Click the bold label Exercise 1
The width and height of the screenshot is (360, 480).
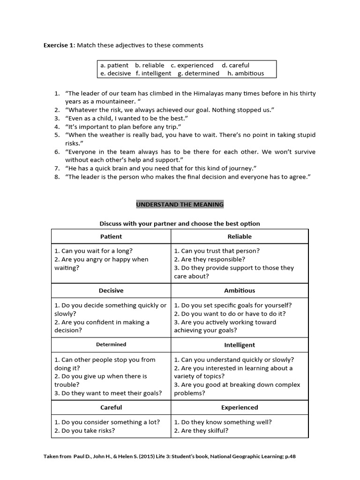[59, 45]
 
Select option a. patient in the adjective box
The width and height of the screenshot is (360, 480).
[114, 65]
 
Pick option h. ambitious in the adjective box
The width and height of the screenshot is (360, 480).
[246, 73]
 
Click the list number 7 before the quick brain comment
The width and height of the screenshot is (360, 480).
[56, 168]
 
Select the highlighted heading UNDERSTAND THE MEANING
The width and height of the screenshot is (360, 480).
[180, 204]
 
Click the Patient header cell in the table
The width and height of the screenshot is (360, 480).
[111, 237]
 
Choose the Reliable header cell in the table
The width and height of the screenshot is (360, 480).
[240, 237]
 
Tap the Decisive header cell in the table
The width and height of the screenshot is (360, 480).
[111, 291]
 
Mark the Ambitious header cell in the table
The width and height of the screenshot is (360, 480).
[240, 291]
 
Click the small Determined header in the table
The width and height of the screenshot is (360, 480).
[111, 345]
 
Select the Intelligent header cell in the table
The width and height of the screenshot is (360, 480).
[240, 345]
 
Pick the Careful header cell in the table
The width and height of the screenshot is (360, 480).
[111, 407]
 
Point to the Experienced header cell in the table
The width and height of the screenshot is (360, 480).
[240, 407]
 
